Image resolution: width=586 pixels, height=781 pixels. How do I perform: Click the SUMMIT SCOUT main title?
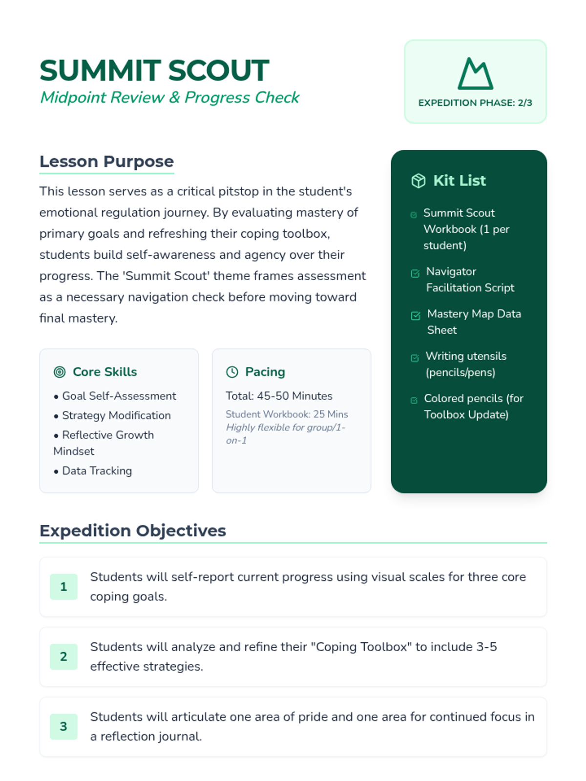click(154, 70)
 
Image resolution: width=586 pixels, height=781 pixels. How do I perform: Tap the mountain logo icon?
click(475, 74)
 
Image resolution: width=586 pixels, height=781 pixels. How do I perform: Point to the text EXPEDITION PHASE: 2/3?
click(475, 103)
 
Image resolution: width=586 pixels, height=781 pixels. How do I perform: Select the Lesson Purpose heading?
click(106, 162)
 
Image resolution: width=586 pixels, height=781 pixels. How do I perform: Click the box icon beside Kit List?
click(419, 181)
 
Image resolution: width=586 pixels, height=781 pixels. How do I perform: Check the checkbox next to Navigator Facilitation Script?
click(415, 273)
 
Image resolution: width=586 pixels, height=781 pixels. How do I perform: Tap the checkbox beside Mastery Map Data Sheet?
click(416, 316)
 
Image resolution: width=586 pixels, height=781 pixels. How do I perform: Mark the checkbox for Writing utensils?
click(415, 358)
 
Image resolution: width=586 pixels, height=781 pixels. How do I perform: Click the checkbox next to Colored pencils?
click(414, 400)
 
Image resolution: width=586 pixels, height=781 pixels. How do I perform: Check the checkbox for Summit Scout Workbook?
click(414, 215)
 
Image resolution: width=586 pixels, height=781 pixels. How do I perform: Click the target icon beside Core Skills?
click(60, 372)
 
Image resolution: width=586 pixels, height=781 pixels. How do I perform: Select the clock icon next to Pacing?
click(232, 372)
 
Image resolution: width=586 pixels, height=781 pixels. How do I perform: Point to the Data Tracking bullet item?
click(97, 471)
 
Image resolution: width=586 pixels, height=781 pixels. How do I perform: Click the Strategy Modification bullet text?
click(116, 415)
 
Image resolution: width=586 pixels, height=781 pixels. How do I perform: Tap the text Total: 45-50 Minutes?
click(279, 396)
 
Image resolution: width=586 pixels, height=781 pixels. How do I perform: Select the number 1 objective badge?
click(63, 587)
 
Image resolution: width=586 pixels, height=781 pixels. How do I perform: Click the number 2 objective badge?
click(63, 657)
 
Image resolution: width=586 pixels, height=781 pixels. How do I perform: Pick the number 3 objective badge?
click(63, 726)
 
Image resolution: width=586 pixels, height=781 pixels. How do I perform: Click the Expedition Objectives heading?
click(133, 531)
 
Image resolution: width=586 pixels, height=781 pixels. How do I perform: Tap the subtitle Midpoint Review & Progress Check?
click(169, 98)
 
